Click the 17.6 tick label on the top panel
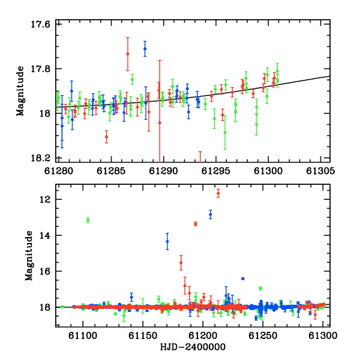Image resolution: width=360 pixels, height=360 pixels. point(40,24)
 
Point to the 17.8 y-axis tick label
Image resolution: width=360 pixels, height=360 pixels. point(40,68)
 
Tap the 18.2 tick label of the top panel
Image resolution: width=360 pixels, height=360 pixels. point(40,158)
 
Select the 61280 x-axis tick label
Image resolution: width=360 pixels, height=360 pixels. point(59,171)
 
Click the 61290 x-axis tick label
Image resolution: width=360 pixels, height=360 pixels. point(163,171)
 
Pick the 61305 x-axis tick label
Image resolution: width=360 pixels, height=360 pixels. point(321,171)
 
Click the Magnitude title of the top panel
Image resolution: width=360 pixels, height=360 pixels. point(20,91)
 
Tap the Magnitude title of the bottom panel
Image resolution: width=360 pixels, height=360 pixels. point(29,256)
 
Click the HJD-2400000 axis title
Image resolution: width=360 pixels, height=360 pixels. point(193,347)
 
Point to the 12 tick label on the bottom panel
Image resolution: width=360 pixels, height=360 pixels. point(45,200)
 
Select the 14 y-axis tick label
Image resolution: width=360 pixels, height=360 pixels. point(45,235)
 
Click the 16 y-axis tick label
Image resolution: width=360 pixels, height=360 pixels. point(45,271)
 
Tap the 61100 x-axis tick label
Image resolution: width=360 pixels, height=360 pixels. point(83,335)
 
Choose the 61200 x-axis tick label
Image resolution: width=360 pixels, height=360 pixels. point(203,335)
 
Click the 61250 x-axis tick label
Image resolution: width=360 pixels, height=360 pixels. point(263,335)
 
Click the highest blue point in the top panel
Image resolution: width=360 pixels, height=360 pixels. point(145,49)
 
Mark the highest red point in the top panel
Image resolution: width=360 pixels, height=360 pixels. point(128,54)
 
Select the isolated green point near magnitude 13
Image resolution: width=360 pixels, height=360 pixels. point(88,220)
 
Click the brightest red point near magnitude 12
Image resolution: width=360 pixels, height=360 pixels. point(218,193)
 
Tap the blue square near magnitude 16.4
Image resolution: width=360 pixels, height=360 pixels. point(243,279)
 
